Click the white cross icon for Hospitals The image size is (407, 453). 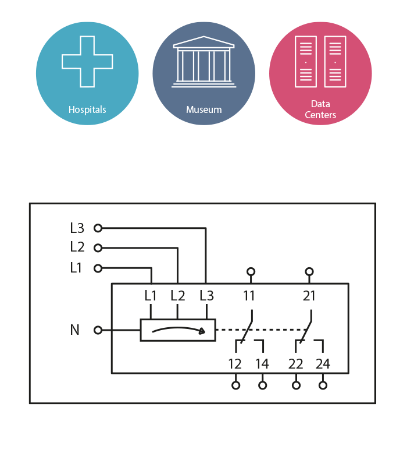click(x=87, y=62)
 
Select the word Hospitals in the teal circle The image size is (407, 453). click(x=87, y=109)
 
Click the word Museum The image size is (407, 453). click(x=203, y=109)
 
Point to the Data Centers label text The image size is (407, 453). click(x=320, y=109)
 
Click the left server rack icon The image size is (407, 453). click(x=305, y=62)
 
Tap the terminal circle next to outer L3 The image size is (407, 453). click(x=98, y=228)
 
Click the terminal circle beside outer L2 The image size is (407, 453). click(x=98, y=248)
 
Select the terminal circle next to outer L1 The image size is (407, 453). click(x=98, y=268)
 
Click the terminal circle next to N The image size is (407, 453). click(x=98, y=330)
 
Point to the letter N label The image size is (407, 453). click(x=75, y=330)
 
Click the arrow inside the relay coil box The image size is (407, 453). click(x=178, y=330)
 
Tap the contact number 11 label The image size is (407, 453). click(x=249, y=296)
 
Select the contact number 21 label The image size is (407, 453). click(x=309, y=296)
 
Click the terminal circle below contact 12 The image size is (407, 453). click(x=235, y=385)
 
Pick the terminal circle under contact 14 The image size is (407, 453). click(x=263, y=385)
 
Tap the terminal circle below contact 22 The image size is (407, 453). click(x=296, y=385)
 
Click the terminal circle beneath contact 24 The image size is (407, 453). click(x=323, y=385)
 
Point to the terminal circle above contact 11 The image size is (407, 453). click(x=251, y=271)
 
